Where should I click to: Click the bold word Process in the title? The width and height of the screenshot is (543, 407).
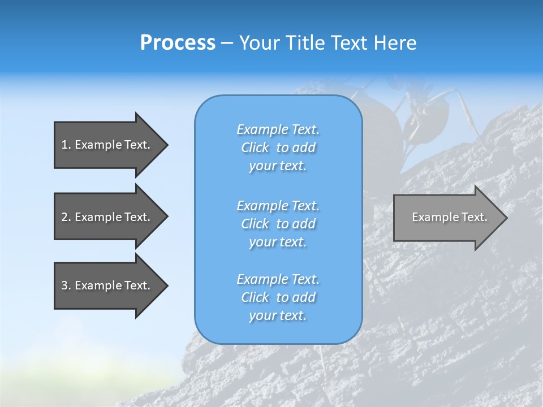178,43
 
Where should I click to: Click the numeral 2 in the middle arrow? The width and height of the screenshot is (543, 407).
64,217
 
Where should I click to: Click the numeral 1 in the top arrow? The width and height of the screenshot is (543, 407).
64,145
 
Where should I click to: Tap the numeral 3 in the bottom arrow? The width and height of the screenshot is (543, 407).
64,285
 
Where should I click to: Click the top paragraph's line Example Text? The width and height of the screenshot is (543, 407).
278,129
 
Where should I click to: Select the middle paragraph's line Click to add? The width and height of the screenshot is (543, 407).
278,224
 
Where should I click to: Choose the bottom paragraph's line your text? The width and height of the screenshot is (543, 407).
278,316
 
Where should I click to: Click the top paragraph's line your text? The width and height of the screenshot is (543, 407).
278,166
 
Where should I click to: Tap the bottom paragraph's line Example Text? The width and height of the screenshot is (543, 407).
278,279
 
